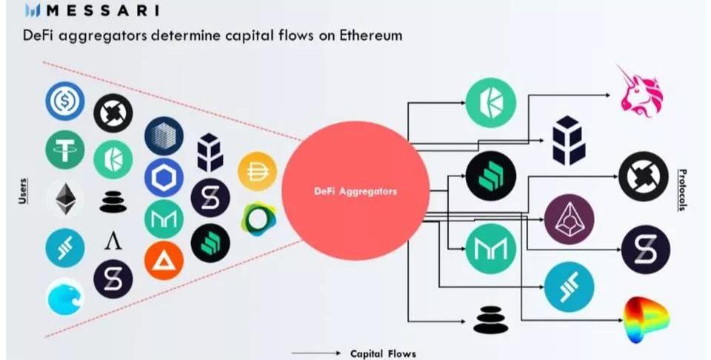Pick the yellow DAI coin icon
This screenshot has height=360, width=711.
257,171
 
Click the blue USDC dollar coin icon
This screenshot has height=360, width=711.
65,101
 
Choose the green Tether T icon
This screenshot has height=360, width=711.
65,150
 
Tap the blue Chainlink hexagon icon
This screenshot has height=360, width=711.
164,178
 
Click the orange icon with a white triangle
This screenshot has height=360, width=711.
164,260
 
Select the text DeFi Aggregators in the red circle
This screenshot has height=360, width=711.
355,191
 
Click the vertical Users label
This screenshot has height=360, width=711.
22,190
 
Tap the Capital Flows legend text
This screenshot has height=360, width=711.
383,353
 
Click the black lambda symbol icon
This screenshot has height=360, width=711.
113,241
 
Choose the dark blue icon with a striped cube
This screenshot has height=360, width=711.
164,136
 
